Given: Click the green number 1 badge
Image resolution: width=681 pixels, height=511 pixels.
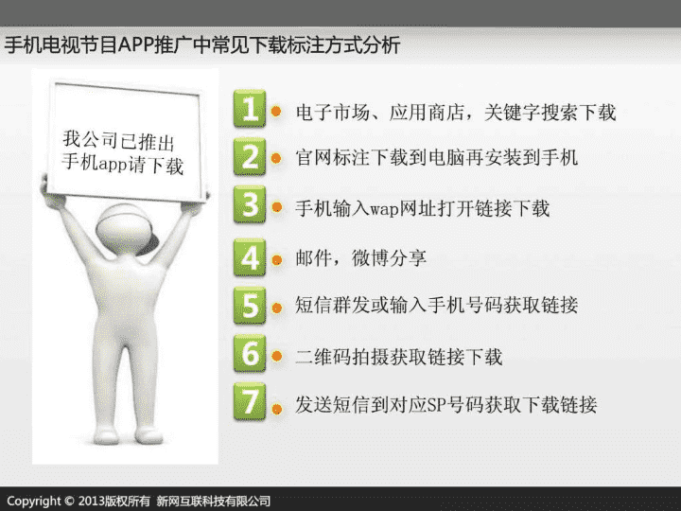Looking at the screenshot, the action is (250, 109).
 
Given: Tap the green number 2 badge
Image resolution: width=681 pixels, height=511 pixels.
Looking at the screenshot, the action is (250, 156).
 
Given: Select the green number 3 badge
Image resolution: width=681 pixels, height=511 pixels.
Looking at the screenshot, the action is (250, 204).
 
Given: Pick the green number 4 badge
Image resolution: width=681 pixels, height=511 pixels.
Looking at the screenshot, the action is (250, 257).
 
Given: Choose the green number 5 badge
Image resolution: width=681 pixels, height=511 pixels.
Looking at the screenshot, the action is (250, 306).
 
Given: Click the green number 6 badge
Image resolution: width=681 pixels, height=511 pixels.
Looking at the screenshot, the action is (250, 353).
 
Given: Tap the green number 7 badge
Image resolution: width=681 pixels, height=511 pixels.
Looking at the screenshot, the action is (250, 401).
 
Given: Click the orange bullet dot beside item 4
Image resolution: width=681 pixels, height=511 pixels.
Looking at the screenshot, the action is (276, 260).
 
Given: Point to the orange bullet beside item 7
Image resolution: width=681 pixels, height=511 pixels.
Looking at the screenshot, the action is (276, 409).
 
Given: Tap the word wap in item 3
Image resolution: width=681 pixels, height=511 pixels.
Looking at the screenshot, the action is (384, 210).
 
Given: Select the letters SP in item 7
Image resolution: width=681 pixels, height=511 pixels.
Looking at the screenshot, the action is (436, 405).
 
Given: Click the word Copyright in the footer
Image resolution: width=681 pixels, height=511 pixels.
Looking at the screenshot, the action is (34, 501).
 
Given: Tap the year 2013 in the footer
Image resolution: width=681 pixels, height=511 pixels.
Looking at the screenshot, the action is (91, 501).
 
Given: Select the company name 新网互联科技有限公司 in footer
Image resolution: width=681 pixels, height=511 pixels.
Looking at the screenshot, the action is (213, 501).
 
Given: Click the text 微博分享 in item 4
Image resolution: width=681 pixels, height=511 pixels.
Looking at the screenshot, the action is (389, 258).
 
